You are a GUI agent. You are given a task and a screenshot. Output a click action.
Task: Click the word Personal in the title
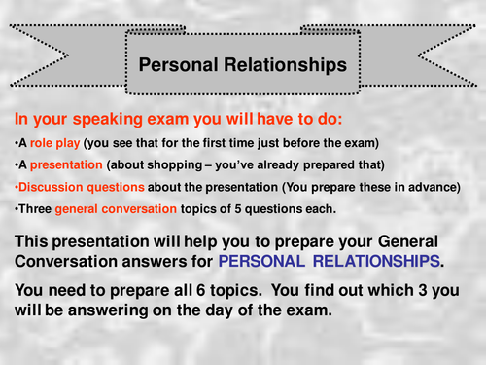(176, 66)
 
